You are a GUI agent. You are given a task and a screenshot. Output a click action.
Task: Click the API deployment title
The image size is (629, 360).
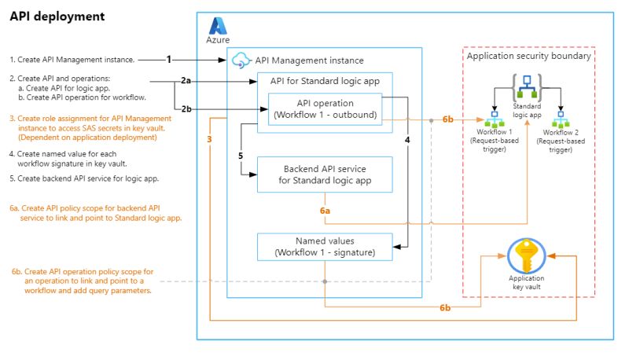coord(57,16)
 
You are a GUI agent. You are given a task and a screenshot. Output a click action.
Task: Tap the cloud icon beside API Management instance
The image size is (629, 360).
coord(241,60)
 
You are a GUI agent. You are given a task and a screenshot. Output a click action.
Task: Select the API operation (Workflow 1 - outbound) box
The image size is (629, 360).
coord(325,109)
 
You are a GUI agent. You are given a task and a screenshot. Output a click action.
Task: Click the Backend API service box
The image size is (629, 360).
coord(324,174)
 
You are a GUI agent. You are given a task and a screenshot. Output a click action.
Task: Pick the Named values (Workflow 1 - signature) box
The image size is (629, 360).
coord(324,246)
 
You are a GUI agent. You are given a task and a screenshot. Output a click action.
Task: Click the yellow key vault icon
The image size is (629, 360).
coord(527,256)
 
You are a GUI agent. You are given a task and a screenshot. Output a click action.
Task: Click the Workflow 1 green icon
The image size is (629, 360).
coord(496,123)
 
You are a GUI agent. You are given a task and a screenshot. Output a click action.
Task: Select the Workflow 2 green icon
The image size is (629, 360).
coord(561,123)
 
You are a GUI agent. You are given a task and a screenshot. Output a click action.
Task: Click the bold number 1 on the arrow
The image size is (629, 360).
coord(168,59)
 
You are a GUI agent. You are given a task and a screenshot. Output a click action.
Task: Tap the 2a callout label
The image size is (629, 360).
coord(186,81)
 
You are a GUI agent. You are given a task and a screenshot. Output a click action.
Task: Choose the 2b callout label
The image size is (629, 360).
coord(186,108)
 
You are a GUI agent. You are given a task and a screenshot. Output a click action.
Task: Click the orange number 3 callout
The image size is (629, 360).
coord(209,139)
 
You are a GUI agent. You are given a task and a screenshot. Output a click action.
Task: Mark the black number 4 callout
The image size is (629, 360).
coord(406,139)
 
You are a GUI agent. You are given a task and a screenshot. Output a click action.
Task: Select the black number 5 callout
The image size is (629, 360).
coord(241,156)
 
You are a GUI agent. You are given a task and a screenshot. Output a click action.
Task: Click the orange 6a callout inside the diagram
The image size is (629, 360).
coord(325,211)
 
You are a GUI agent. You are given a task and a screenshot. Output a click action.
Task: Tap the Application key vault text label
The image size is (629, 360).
coord(527,283)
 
